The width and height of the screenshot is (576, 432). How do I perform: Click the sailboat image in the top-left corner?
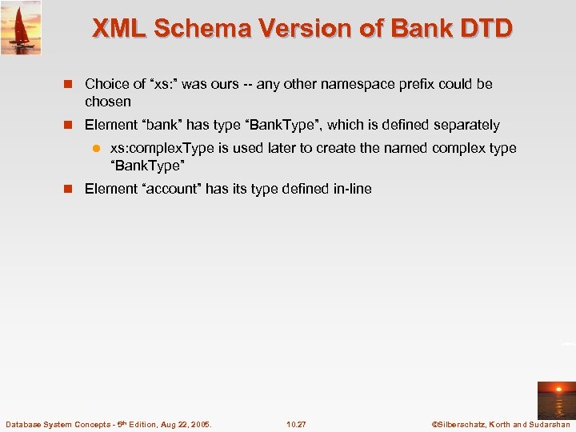tap(21, 26)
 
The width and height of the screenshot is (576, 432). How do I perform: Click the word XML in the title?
tap(119, 29)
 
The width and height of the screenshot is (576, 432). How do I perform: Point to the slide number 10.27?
tap(296, 424)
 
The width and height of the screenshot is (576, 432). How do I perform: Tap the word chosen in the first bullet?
tap(108, 102)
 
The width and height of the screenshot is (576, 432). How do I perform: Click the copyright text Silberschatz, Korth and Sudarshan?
tap(500, 424)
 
